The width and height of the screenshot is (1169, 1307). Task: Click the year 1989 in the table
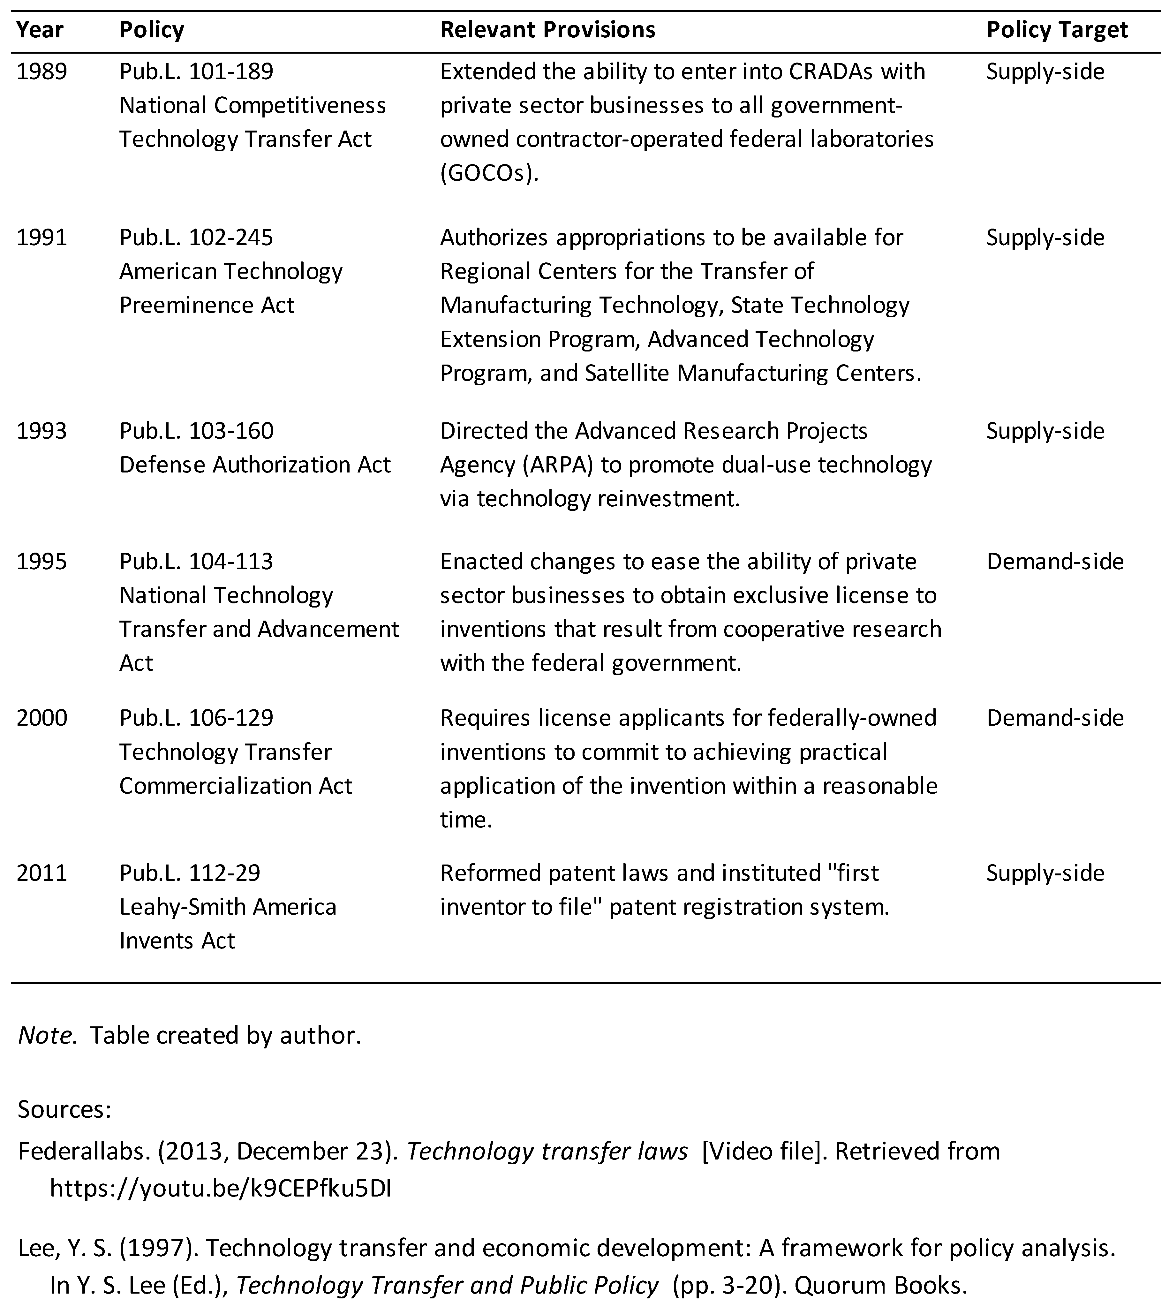click(x=42, y=71)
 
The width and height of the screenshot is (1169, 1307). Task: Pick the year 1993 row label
click(x=42, y=431)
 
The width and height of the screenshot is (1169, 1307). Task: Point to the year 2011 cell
click(x=42, y=873)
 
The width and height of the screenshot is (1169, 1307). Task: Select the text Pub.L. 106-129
click(x=196, y=717)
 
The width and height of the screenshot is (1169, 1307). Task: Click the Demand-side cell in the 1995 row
click(x=1055, y=561)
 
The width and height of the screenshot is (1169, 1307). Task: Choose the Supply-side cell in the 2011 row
click(x=1045, y=873)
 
